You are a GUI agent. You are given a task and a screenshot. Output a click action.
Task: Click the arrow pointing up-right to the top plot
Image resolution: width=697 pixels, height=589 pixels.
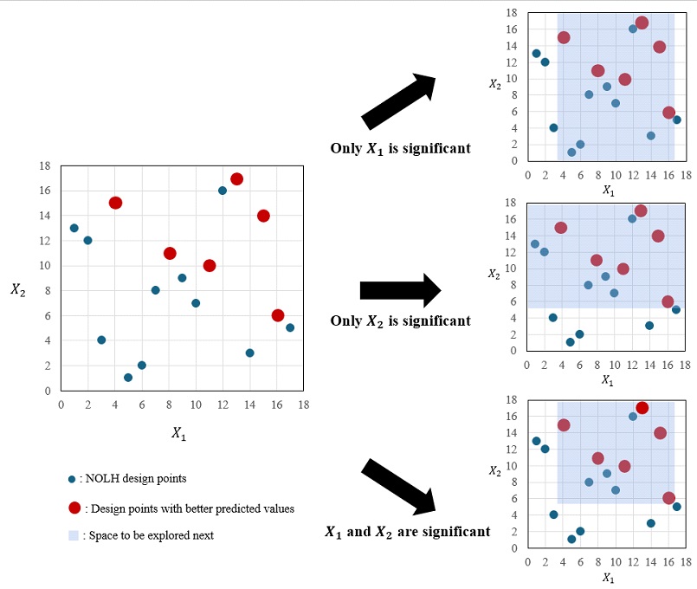(401, 102)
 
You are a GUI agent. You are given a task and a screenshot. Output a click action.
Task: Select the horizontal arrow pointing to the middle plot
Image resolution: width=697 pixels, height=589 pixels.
(401, 290)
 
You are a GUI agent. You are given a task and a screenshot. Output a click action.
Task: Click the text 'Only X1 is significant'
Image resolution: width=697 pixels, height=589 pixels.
(400, 148)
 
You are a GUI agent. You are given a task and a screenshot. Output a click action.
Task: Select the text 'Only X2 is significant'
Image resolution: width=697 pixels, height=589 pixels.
(400, 320)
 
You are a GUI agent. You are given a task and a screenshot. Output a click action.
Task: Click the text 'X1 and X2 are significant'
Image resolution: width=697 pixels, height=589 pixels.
(407, 531)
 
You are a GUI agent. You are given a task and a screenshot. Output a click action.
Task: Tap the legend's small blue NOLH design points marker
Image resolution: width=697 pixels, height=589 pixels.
(71, 479)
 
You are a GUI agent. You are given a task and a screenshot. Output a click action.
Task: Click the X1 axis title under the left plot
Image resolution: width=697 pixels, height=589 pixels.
(178, 434)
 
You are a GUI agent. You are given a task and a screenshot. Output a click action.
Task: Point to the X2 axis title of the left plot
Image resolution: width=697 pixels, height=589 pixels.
(19, 288)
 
